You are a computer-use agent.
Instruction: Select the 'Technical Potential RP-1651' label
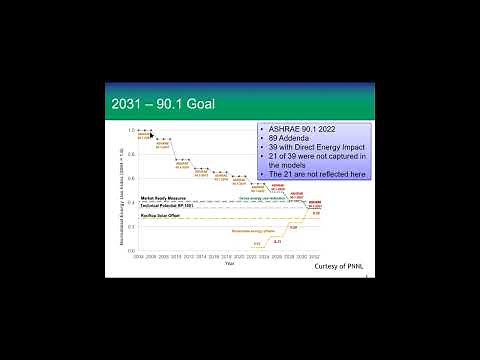click(166, 205)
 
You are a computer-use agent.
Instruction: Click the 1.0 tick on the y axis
click(130, 130)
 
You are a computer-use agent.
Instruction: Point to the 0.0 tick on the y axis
click(130, 251)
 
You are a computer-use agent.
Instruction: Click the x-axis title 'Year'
click(230, 263)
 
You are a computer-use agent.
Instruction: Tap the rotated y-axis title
click(120, 190)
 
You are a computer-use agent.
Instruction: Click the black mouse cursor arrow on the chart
click(151, 132)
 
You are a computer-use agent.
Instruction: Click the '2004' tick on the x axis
click(137, 257)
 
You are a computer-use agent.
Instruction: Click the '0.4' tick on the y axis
click(130, 203)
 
